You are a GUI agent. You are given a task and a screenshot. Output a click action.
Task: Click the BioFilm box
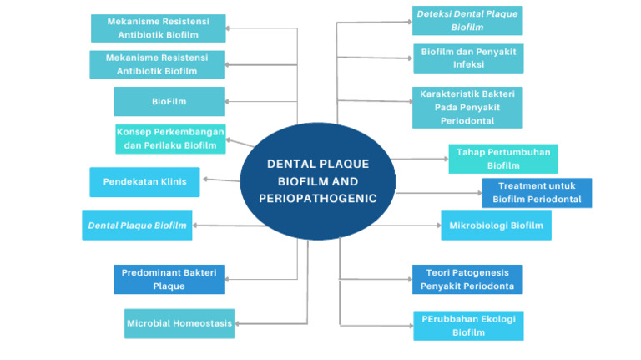tap(169, 101)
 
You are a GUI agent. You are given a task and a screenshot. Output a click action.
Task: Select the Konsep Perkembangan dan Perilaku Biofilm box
tap(170, 139)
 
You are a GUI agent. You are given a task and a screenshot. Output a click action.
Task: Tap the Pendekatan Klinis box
tap(144, 181)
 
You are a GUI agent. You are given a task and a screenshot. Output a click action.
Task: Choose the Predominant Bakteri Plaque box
tap(169, 279)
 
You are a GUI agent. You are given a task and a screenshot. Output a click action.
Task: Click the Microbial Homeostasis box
tap(179, 323)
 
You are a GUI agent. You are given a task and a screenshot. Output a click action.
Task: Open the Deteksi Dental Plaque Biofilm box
tap(467, 21)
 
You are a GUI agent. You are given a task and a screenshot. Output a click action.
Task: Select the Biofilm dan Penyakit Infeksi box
tap(467, 58)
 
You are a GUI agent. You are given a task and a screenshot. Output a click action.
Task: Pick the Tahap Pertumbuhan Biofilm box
tap(503, 159)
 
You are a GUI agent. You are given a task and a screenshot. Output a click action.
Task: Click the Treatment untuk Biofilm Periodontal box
tap(537, 193)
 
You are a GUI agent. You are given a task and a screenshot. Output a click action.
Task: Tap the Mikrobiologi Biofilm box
tap(496, 226)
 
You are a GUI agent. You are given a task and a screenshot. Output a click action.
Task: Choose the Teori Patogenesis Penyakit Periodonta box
tap(467, 280)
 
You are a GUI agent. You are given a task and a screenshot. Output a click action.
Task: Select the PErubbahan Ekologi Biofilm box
tap(468, 326)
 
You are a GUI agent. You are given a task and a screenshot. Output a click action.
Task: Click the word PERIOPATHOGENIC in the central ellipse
tap(318, 199)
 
